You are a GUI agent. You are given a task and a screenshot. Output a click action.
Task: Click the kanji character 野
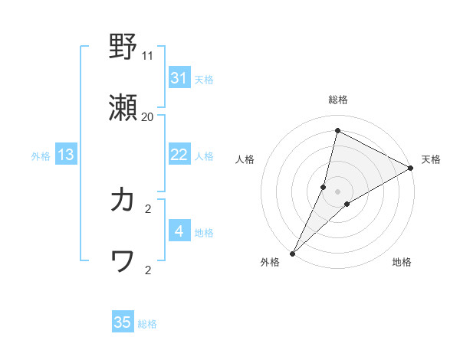click(123, 47)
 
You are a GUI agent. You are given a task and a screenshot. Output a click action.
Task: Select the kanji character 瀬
click(123, 111)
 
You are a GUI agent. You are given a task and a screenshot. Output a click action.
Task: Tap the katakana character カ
click(123, 200)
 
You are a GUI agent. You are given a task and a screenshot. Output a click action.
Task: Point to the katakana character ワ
click(123, 263)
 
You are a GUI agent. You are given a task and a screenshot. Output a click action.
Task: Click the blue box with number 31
click(179, 78)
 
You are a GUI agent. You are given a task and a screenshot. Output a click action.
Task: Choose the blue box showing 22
click(179, 155)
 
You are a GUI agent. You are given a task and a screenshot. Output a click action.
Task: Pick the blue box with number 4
click(179, 231)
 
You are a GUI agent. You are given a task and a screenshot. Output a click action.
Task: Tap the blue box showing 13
click(66, 155)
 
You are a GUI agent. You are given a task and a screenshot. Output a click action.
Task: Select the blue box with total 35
click(123, 322)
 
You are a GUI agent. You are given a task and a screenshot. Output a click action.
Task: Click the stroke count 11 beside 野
click(148, 55)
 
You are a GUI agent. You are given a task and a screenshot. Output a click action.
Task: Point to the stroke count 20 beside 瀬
click(148, 117)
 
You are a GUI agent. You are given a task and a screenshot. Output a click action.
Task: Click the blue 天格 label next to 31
click(204, 79)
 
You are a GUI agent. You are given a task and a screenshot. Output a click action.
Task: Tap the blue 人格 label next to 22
click(204, 155)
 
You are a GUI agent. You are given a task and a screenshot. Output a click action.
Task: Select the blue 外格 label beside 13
click(41, 155)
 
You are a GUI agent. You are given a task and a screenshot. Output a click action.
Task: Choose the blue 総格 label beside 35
click(147, 323)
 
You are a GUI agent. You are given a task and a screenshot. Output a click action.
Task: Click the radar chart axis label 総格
click(337, 100)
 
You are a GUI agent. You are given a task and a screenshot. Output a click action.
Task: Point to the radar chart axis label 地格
click(402, 262)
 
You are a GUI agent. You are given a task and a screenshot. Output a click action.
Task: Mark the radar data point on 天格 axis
click(411, 168)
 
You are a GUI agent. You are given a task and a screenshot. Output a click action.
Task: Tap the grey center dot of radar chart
click(337, 191)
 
